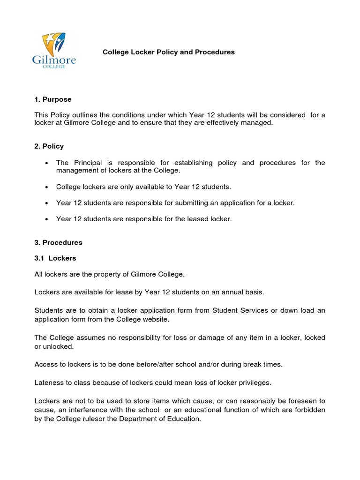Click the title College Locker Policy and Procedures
(x=169, y=52)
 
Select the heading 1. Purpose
(x=53, y=99)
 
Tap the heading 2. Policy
(x=49, y=146)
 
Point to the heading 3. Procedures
(x=58, y=242)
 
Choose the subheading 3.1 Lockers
(x=55, y=258)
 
